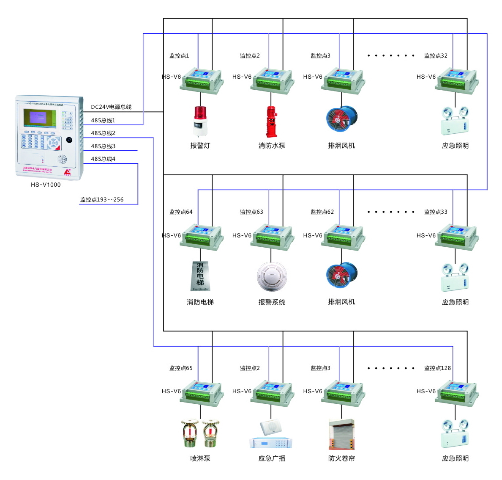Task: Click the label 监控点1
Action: pos(179,55)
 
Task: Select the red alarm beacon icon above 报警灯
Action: pos(200,121)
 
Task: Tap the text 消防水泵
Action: pos(272,146)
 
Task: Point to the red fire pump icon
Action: pos(271,121)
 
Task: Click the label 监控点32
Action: pos(436,55)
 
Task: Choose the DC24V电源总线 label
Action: pos(111,107)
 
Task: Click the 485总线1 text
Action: pos(103,121)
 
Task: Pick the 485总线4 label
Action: pos(103,159)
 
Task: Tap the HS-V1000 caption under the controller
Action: pos(46,185)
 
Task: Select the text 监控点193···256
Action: pos(102,199)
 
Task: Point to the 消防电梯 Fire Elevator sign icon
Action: pos(200,276)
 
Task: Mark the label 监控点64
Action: pos(181,212)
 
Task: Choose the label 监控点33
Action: pos(436,212)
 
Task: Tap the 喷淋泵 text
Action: pos(200,458)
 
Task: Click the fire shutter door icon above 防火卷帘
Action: pos(341,434)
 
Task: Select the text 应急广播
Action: pos(272,458)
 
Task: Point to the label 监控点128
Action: pos(437,368)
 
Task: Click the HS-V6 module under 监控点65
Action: pos(202,393)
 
